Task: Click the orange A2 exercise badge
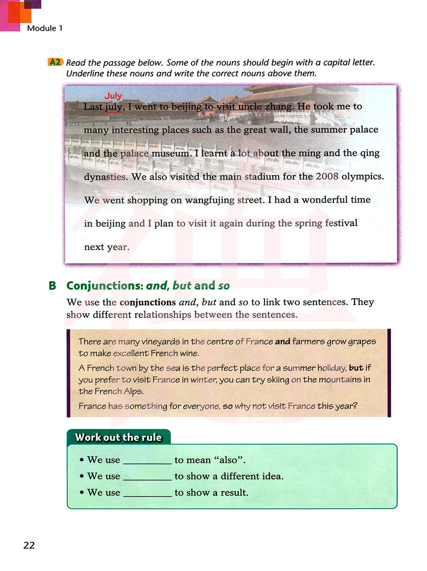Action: point(56,62)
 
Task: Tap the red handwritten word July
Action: point(113,96)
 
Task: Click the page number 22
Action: point(29,545)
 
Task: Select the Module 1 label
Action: point(45,28)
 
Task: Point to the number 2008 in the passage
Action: point(327,176)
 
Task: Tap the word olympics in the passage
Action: point(363,176)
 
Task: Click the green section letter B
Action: point(53,285)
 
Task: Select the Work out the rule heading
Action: point(118,437)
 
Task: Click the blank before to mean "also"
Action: point(147,461)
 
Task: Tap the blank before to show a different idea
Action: point(147,477)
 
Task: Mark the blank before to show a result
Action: point(147,493)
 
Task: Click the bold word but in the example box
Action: point(356,368)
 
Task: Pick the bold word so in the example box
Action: point(228,406)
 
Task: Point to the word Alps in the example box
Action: point(133,391)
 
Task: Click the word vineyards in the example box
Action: point(161,341)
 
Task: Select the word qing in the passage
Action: point(370,153)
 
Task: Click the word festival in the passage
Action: point(341,223)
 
